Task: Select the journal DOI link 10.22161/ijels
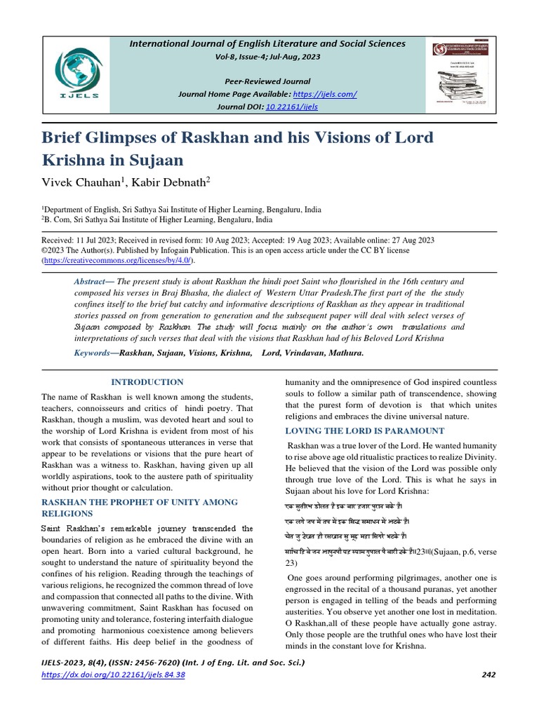pos(291,107)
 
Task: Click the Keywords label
pos(93,353)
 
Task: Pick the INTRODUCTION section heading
pos(147,382)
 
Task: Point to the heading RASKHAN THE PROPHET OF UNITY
pos(140,503)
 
